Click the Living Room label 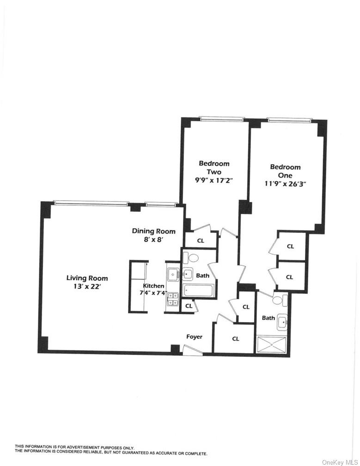coord(87,278)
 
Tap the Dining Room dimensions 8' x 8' coord(154,239)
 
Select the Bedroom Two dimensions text coord(214,180)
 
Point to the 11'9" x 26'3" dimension coord(285,184)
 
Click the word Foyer coord(194,337)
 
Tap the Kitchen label coord(153,286)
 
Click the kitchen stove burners coord(173,299)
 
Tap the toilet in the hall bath coord(193,258)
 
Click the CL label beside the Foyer coord(236,338)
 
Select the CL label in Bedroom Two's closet coord(201,240)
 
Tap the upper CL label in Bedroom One coord(290,246)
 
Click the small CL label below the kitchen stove coord(188,306)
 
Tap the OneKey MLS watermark coord(339,461)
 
